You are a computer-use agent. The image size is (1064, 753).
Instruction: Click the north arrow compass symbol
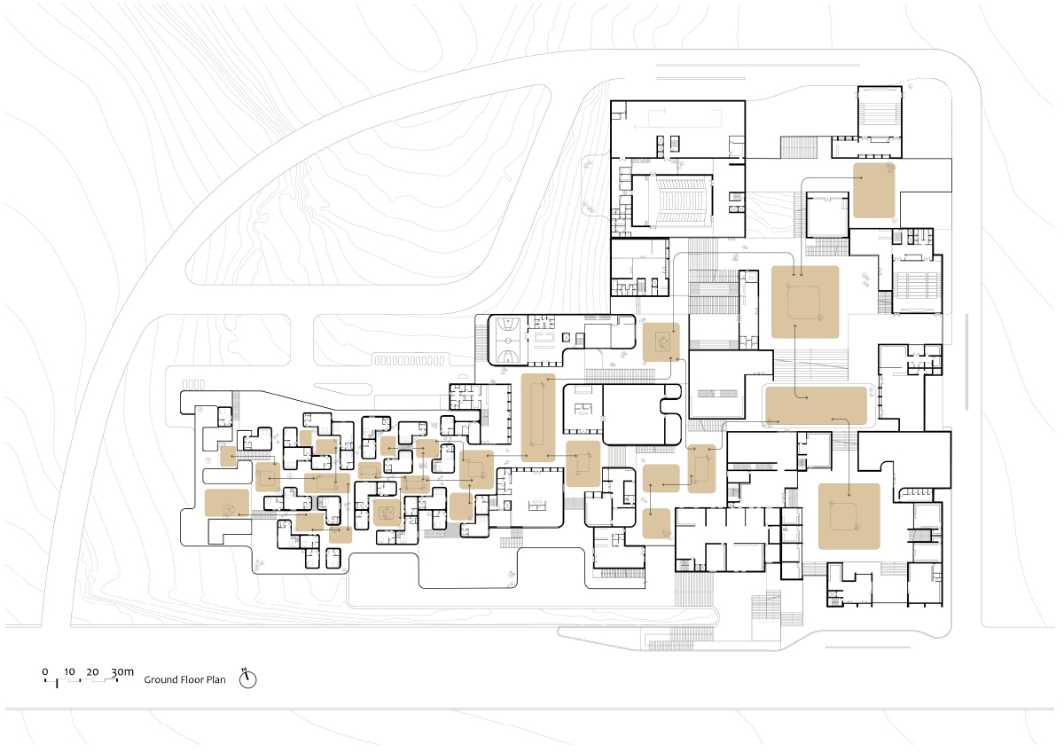(x=249, y=679)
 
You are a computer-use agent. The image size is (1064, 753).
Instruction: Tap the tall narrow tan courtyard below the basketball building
(x=538, y=417)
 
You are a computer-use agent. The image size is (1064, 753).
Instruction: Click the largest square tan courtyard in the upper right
(x=805, y=302)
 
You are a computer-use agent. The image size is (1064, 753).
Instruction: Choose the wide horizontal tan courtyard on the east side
(x=816, y=404)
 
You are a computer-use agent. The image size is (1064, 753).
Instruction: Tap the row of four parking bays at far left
(x=194, y=384)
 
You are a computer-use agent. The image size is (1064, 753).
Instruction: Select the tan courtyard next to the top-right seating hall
(x=874, y=190)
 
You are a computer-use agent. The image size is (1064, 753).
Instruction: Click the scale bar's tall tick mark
(x=58, y=683)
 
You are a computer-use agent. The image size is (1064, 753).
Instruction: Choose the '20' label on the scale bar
(x=93, y=671)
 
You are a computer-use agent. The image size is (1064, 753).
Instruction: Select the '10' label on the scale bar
(x=69, y=671)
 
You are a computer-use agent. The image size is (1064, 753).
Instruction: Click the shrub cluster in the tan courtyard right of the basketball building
(x=661, y=341)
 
